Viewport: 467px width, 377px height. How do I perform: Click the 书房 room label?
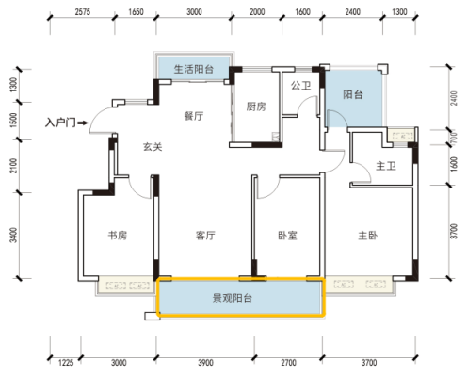118,235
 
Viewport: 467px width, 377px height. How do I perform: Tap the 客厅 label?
205,235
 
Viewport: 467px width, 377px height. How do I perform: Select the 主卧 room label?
368,235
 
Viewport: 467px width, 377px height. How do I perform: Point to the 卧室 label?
287,235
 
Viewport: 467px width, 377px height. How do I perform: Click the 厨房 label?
256,107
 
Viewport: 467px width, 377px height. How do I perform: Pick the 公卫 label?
300,85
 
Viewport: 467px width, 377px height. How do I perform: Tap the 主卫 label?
386,166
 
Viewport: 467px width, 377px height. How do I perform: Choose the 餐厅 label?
194,116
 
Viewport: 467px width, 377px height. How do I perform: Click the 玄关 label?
153,147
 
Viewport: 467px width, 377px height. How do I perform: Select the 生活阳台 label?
194,69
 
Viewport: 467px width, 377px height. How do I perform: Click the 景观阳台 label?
233,298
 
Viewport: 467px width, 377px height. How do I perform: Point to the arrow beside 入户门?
83,123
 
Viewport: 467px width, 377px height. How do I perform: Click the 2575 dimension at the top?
83,12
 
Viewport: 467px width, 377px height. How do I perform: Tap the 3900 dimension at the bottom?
205,363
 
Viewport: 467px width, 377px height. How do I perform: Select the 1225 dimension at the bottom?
66,363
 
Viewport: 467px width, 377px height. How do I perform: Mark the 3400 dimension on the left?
13,235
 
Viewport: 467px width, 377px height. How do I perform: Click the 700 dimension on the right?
454,138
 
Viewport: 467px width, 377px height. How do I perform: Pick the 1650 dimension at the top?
136,12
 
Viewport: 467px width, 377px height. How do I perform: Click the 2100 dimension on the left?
13,166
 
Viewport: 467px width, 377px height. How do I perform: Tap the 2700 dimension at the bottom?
288,363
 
